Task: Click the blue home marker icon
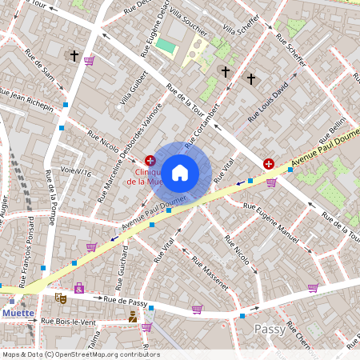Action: pos(180,172)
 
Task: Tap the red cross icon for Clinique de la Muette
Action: pos(150,161)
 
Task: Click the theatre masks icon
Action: pos(60,298)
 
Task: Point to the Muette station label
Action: pos(18,313)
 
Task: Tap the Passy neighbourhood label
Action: pos(270,329)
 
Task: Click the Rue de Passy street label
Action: pos(126,301)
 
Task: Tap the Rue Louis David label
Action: pos(269,104)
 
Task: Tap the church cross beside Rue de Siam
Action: pos(74,56)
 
